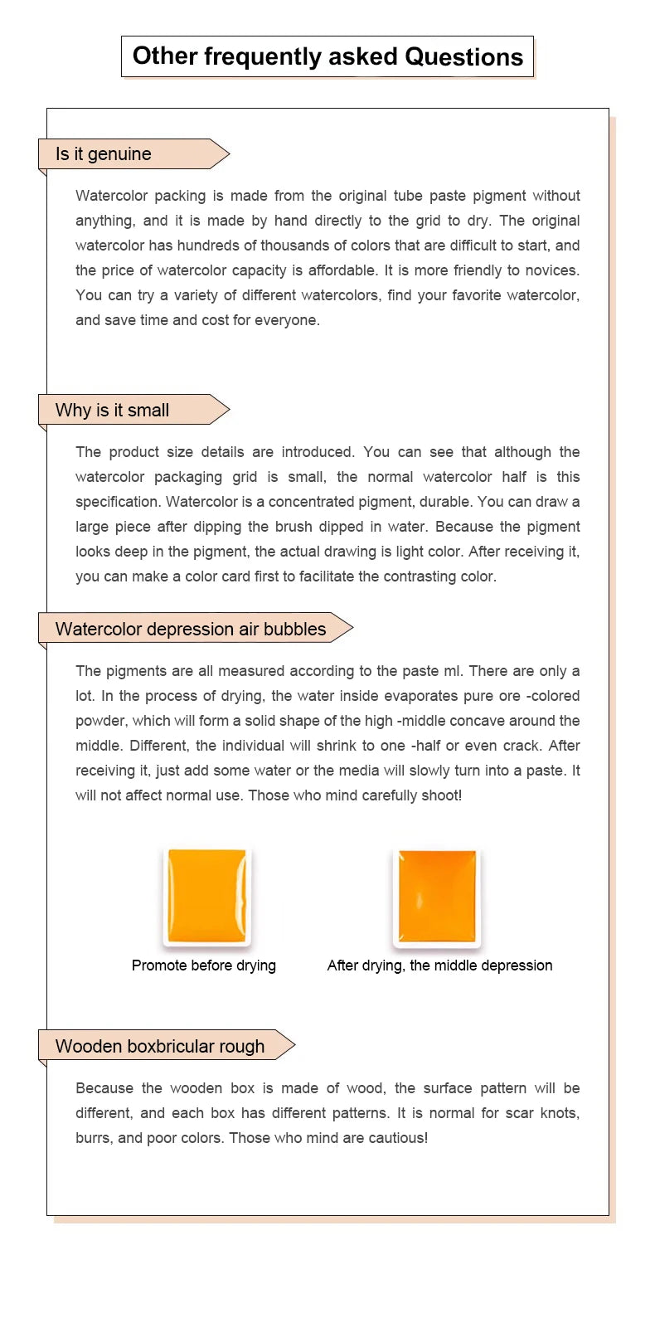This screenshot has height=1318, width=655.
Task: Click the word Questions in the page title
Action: point(463,56)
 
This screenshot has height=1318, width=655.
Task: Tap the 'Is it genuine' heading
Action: point(104,154)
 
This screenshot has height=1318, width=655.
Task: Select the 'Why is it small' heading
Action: point(112,411)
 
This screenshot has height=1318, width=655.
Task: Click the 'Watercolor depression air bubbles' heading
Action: point(191,630)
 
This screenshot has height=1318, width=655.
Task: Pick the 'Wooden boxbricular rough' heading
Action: point(160,1047)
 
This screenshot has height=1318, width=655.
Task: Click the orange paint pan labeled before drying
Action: point(206,895)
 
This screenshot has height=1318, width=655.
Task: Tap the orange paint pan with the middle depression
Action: point(437,897)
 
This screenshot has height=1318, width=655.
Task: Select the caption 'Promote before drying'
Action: point(204,965)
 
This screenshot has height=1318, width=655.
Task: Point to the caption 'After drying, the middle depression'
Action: point(439,965)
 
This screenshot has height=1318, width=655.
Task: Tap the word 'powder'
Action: point(99,721)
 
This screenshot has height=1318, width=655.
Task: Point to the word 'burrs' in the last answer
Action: point(94,1138)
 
